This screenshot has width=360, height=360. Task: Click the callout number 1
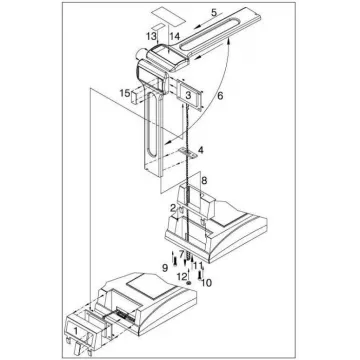click(76, 331)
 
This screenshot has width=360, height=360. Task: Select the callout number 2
click(173, 209)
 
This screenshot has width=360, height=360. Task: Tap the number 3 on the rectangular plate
click(188, 95)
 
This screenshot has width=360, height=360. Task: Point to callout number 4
click(200, 150)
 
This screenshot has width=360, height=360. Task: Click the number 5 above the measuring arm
click(214, 12)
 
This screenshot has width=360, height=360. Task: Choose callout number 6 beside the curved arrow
click(220, 96)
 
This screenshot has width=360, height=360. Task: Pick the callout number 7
click(181, 254)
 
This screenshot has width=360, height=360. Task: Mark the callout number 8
click(204, 180)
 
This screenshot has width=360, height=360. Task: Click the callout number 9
click(165, 268)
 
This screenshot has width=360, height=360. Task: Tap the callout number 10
click(206, 283)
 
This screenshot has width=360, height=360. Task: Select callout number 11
click(198, 265)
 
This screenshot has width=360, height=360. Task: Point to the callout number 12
click(182, 276)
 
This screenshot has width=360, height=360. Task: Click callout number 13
click(150, 36)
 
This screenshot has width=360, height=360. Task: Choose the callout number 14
click(174, 36)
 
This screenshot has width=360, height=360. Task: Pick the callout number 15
click(125, 94)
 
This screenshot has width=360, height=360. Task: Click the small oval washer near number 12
click(189, 283)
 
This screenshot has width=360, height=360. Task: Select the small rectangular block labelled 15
click(136, 96)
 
